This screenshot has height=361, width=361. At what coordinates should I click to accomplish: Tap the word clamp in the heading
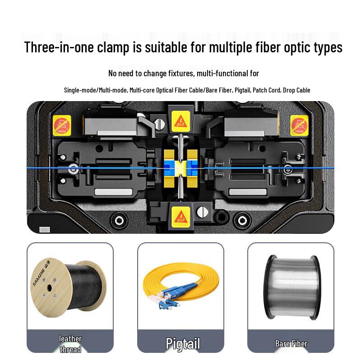(x=116, y=47)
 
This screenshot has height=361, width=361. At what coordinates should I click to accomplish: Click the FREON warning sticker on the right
(x=299, y=124)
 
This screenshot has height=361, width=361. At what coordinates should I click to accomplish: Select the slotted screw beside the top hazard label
(x=158, y=124)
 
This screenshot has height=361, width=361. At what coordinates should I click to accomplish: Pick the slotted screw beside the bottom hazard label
(x=202, y=210)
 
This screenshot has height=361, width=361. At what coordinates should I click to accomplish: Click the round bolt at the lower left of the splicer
(x=119, y=220)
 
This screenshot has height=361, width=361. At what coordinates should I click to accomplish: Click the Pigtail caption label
(x=183, y=343)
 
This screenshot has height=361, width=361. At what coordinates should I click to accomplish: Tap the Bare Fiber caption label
(x=291, y=343)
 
